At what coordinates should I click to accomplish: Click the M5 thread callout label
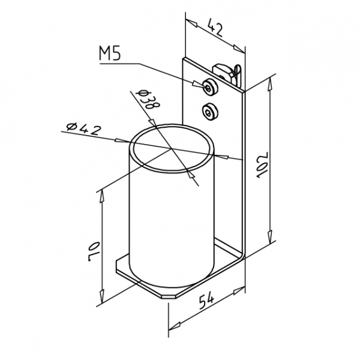[110, 53]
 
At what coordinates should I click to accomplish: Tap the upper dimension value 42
[215, 28]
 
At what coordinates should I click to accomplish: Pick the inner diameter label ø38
[148, 100]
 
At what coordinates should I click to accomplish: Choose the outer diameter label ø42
[83, 129]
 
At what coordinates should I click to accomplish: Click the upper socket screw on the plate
[210, 86]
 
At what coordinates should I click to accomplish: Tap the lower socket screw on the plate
[210, 112]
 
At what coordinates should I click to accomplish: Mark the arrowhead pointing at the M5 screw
[198, 84]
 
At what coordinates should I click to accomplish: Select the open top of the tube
[172, 148]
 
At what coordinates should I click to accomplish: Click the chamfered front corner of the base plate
[168, 296]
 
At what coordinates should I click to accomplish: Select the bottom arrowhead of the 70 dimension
[102, 296]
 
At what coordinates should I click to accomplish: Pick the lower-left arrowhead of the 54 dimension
[175, 326]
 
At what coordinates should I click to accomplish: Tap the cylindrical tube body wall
[172, 225]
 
